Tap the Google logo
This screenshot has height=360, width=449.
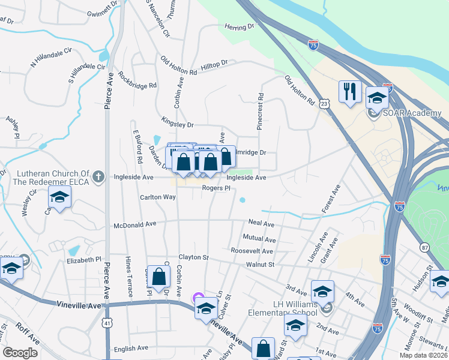pos(20,353)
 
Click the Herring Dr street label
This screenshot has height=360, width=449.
pos(240,28)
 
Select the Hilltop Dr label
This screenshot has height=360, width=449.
pos(215,63)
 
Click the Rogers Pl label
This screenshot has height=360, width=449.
pos(216,188)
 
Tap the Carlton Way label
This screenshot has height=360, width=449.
pos(158,197)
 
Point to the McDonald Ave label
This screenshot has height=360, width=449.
pos(135,224)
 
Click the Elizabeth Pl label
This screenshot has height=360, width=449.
pos(84,260)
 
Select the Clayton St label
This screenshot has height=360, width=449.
pos(193,257)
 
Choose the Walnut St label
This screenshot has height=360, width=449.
pos(259,264)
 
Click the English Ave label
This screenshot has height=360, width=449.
pos(131,348)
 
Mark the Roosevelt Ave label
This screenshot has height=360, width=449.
pos(252,251)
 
